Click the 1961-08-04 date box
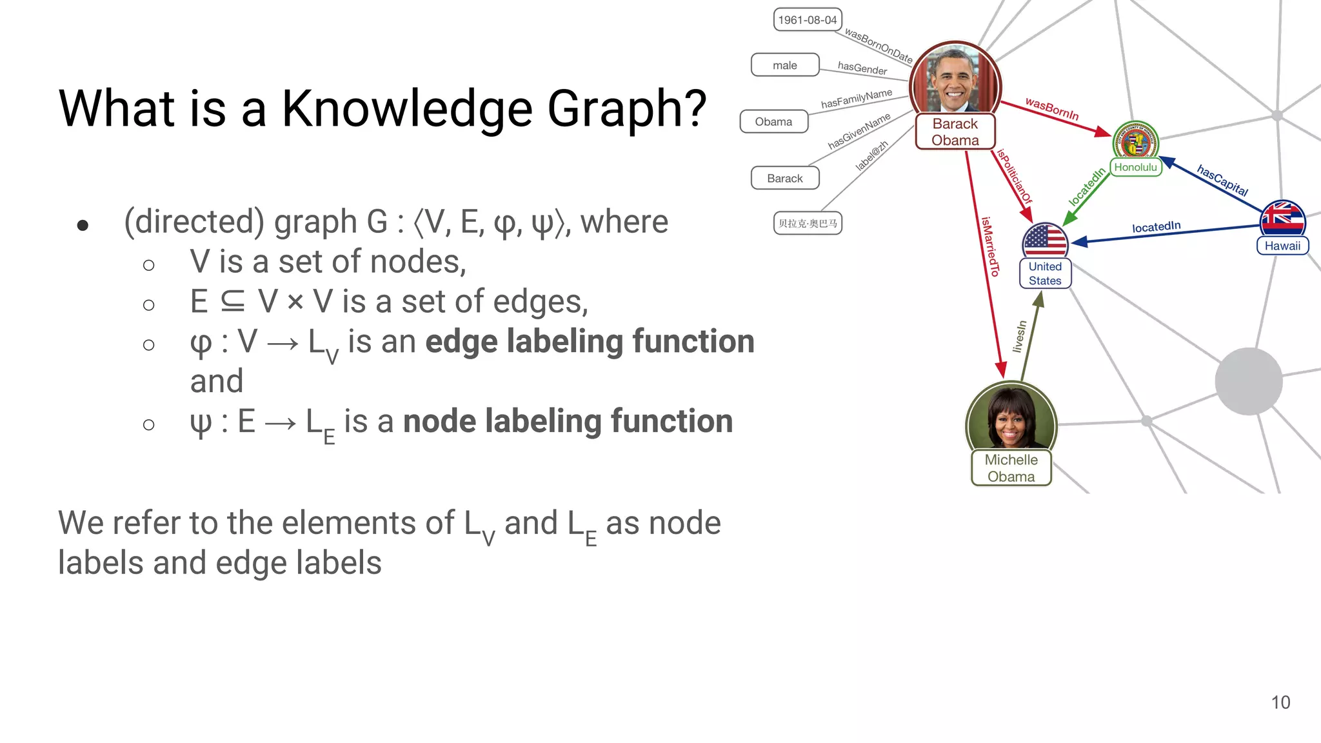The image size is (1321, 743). pos(808,20)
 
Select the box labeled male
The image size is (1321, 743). pos(785,65)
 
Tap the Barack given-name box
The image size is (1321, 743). pos(785,178)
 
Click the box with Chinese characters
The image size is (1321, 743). pos(808,223)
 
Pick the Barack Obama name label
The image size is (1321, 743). pos(955,132)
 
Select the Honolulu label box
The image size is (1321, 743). pos(1135,167)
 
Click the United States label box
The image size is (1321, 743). pos(1045,273)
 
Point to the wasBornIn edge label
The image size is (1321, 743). pos(1052,109)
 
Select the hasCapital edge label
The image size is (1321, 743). pos(1222,181)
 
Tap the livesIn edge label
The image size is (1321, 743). pos(1018,336)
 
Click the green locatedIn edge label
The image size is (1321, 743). pos(1087,186)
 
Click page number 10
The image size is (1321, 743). pos(1280,702)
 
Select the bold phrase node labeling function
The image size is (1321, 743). pos(568,421)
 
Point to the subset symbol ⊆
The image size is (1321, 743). pos(233,301)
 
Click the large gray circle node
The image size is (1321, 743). pos(1248,381)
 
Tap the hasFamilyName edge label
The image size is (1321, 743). pos(857,99)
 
